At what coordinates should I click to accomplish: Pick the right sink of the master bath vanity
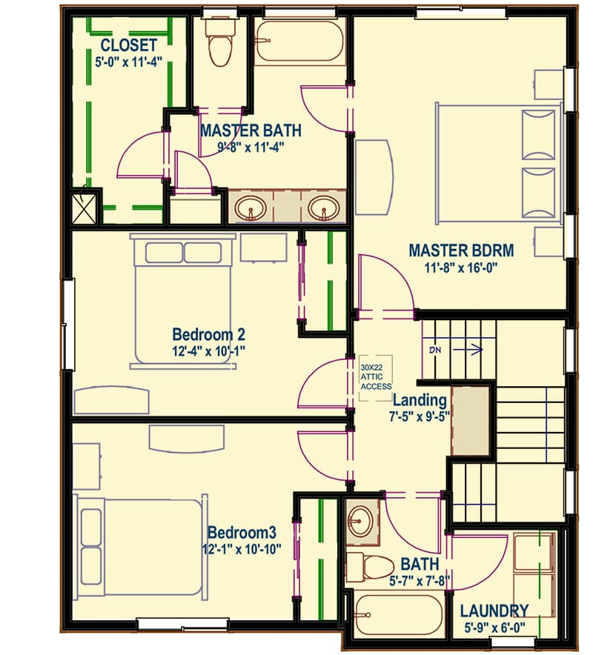coord(323,208)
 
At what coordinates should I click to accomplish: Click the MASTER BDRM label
coord(461,250)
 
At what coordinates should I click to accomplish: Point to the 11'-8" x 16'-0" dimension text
coord(461,267)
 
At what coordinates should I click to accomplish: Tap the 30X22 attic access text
coord(376,376)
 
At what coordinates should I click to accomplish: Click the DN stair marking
coord(434,349)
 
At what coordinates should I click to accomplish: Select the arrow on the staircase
coord(467,349)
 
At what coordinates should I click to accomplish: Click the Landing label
coord(420,401)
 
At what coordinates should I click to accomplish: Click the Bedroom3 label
coord(242,533)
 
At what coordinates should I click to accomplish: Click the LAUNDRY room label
coord(494,611)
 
